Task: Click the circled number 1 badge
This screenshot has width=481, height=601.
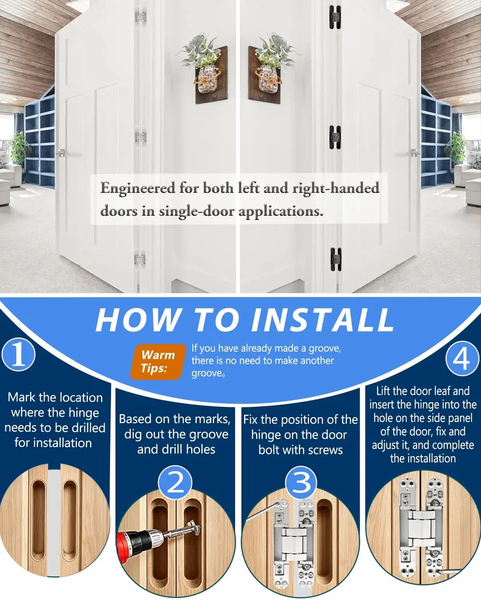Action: pyautogui.click(x=19, y=355)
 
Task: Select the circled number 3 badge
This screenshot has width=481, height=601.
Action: pyautogui.click(x=301, y=483)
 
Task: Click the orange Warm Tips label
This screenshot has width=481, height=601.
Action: pyautogui.click(x=158, y=361)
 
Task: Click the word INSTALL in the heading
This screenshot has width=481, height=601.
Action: pyautogui.click(x=322, y=320)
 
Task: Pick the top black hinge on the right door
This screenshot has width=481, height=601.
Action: pyautogui.click(x=335, y=16)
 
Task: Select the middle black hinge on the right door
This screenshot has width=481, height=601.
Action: pyautogui.click(x=335, y=138)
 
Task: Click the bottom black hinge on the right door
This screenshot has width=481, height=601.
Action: pyautogui.click(x=335, y=260)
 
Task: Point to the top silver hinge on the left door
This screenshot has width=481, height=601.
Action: pyautogui.click(x=141, y=17)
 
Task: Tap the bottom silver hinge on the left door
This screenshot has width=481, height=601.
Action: pyautogui.click(x=140, y=260)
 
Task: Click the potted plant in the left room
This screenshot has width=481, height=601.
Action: pyautogui.click(x=19, y=148)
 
